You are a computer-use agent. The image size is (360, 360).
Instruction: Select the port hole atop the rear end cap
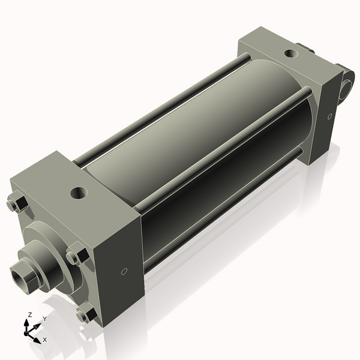pos(291,53)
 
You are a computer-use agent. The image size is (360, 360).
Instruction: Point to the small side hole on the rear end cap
pos(329,116)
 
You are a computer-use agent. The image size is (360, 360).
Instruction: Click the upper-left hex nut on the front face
pos(16,204)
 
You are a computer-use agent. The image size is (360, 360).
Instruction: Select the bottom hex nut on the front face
pos(88,313)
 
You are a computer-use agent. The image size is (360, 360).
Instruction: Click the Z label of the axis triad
pos(30,315)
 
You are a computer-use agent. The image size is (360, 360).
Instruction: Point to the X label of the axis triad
pos(45,340)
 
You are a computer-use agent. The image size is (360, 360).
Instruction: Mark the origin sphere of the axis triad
pos(28,331)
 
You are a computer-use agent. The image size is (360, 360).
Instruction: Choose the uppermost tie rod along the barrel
pos(162,108)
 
